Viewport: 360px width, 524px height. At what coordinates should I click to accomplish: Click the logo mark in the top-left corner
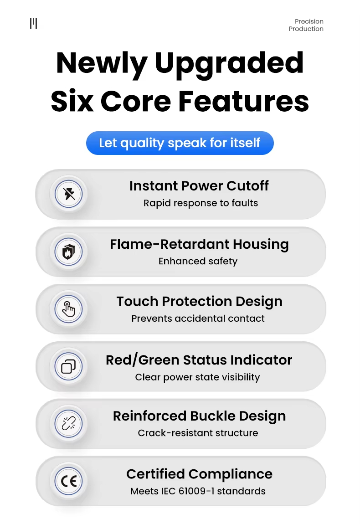tap(33, 23)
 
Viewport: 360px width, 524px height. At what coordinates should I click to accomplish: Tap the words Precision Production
tap(306, 25)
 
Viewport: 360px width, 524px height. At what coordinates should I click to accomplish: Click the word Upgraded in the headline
tap(229, 63)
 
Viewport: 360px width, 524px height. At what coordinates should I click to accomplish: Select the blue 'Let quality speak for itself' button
tap(180, 143)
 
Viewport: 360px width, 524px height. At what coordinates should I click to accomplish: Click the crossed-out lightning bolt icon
tap(69, 194)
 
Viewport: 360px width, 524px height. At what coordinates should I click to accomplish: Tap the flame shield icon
tap(68, 252)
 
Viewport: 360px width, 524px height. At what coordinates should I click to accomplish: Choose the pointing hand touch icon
tap(68, 309)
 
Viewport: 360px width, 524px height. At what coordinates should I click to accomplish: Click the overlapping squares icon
tap(68, 366)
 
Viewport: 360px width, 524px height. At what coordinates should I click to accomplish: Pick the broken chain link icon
tap(68, 424)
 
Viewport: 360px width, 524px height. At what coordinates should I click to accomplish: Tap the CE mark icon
tap(68, 481)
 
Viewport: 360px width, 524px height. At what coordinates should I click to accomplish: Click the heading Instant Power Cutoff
tap(199, 186)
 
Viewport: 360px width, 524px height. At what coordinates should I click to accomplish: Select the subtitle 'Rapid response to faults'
tap(201, 203)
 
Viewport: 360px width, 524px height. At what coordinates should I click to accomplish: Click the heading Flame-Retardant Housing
tap(199, 245)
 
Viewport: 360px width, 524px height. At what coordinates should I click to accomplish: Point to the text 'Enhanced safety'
tap(198, 261)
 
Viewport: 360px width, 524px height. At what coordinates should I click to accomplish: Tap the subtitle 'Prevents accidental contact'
tap(198, 319)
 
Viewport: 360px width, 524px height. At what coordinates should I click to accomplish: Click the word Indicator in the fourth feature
tap(261, 360)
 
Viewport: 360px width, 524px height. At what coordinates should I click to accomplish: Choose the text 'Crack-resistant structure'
tap(198, 433)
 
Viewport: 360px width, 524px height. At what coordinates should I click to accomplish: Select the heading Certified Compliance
tap(199, 474)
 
